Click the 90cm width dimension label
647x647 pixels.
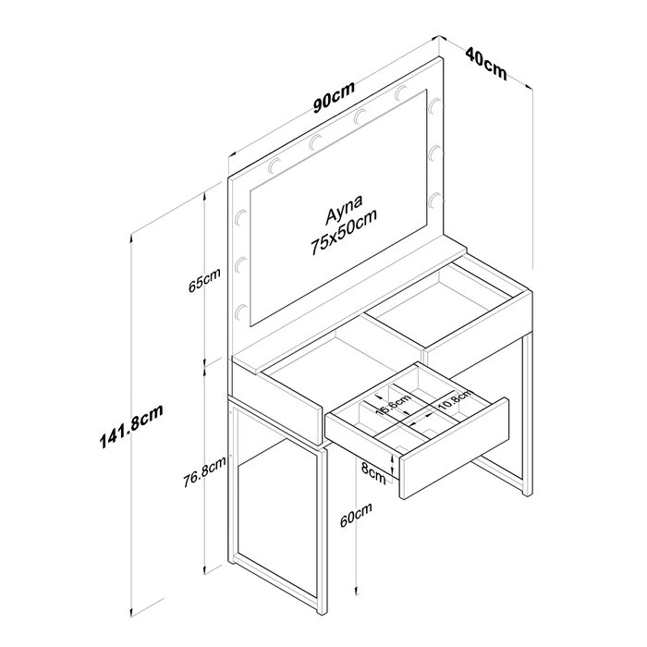[x=334, y=97]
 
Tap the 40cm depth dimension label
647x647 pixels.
[x=486, y=63]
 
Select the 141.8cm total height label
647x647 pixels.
[x=131, y=426]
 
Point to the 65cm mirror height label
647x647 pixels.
[x=204, y=280]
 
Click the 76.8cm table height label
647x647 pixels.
[x=204, y=471]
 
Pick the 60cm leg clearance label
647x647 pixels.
[x=356, y=515]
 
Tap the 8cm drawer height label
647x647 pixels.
[x=373, y=473]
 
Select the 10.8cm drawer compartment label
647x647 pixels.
[x=455, y=399]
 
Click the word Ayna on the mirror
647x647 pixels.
[x=344, y=209]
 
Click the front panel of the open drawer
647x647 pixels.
[x=454, y=448]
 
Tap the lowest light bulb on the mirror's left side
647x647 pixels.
[x=241, y=312]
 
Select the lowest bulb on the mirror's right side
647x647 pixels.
[x=433, y=201]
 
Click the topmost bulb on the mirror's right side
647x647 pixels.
[x=434, y=105]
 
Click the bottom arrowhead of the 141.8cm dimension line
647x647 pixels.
[x=131, y=612]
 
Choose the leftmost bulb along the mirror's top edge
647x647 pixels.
[x=275, y=165]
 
